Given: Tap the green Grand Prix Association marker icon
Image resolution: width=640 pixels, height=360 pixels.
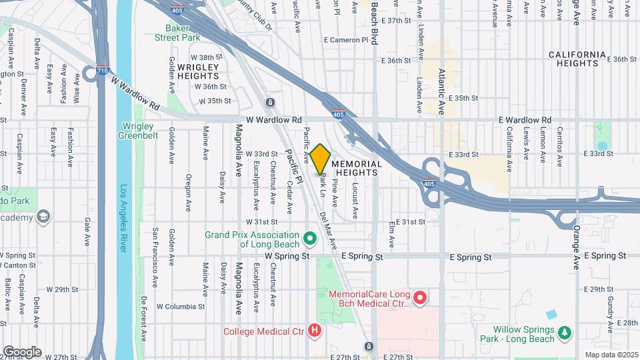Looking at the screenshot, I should [x=309, y=238].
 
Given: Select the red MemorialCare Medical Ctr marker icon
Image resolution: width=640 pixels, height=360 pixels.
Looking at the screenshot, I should [x=419, y=298].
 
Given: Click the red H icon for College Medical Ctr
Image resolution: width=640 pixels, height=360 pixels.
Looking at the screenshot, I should [x=315, y=330].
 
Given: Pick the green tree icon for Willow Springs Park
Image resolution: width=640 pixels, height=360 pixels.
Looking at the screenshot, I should [x=565, y=332].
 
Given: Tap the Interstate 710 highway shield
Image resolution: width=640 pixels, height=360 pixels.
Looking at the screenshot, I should [x=101, y=70].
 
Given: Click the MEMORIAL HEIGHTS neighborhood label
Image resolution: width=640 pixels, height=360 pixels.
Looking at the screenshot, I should [x=357, y=168].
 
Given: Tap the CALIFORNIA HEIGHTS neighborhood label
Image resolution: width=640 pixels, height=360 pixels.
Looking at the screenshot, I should [x=577, y=59].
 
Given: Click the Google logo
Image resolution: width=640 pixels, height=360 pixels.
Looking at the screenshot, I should [x=22, y=351].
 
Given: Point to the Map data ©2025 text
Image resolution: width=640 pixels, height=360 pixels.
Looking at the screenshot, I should [x=611, y=355].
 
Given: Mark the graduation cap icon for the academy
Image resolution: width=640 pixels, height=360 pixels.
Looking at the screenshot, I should [x=44, y=217].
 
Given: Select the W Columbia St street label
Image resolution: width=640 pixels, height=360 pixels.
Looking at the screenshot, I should [x=180, y=307].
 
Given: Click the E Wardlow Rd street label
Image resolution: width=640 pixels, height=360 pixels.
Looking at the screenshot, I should [x=525, y=120].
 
